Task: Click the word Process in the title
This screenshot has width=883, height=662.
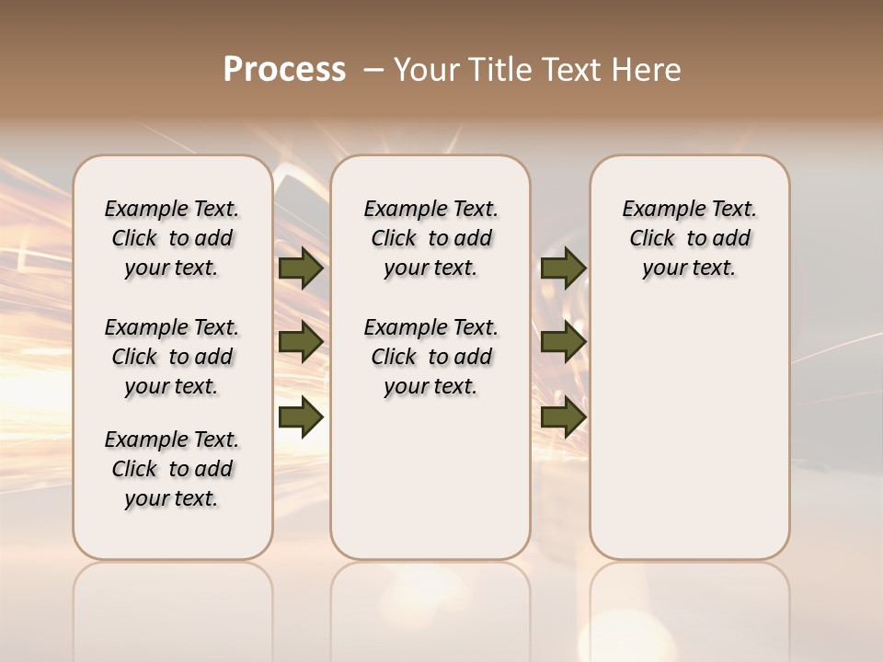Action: coord(284,70)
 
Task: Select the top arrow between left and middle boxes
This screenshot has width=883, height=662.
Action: coord(301,268)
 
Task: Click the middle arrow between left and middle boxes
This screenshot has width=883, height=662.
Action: coord(301,342)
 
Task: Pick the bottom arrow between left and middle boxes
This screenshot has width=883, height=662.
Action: coord(301,417)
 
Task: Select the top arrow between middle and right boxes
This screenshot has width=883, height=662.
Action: coord(564,268)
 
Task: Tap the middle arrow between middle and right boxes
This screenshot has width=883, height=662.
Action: coord(564,342)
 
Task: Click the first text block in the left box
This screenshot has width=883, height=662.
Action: coord(172,238)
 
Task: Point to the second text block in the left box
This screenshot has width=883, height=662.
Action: coord(172,357)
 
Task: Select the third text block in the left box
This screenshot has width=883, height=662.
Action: coord(172,469)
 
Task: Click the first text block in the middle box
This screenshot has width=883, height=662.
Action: coord(430,238)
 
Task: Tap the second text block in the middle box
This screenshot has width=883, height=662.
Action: coord(430,357)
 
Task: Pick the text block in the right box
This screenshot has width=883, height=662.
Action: coord(689,238)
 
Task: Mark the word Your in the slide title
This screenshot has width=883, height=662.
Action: coord(427,70)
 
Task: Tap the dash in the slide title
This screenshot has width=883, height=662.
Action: coord(373,70)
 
